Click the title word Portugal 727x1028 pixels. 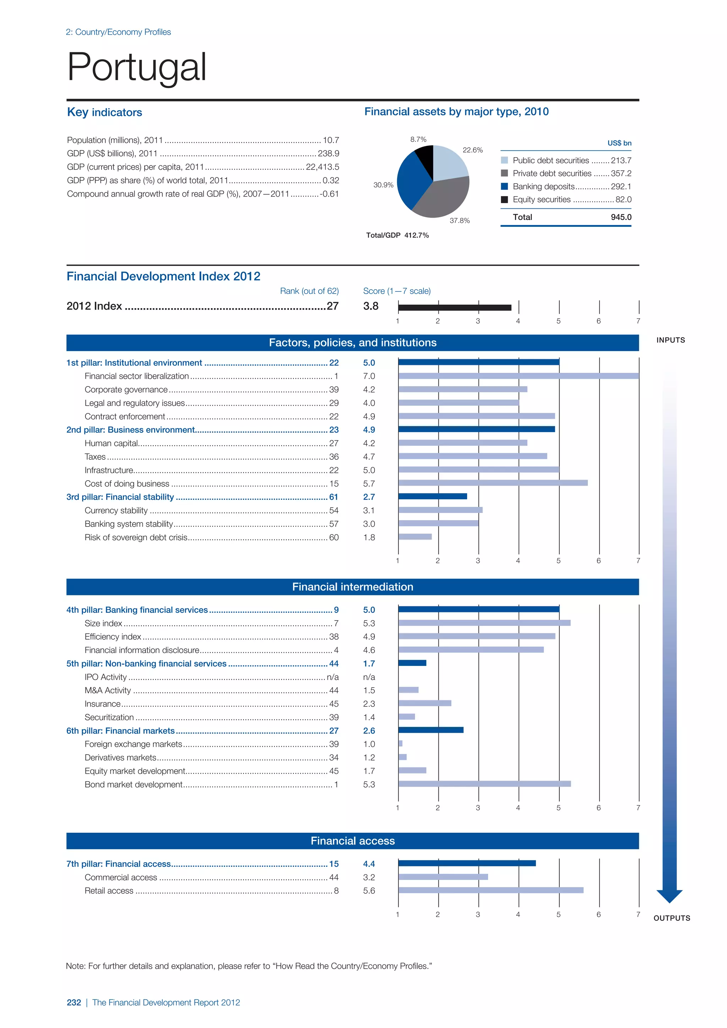pyautogui.click(x=137, y=67)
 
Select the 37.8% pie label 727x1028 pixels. pyautogui.click(x=459, y=221)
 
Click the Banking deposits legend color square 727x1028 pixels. pyautogui.click(x=504, y=186)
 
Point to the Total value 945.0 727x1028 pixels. pyautogui.click(x=621, y=217)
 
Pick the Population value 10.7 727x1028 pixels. pyautogui.click(x=331, y=140)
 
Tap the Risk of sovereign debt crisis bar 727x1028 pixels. pyautogui.click(x=415, y=537)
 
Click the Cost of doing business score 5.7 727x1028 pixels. pyautogui.click(x=369, y=483)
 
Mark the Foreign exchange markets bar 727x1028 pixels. pyautogui.click(x=400, y=744)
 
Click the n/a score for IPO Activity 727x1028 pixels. pyautogui.click(x=369, y=677)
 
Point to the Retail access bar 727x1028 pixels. pyautogui.click(x=491, y=891)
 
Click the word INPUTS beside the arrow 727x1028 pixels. pyautogui.click(x=671, y=340)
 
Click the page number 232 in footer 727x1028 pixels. pyautogui.click(x=74, y=1002)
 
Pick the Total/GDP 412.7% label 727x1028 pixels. pyautogui.click(x=397, y=235)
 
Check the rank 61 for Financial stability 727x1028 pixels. pyautogui.click(x=334, y=497)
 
